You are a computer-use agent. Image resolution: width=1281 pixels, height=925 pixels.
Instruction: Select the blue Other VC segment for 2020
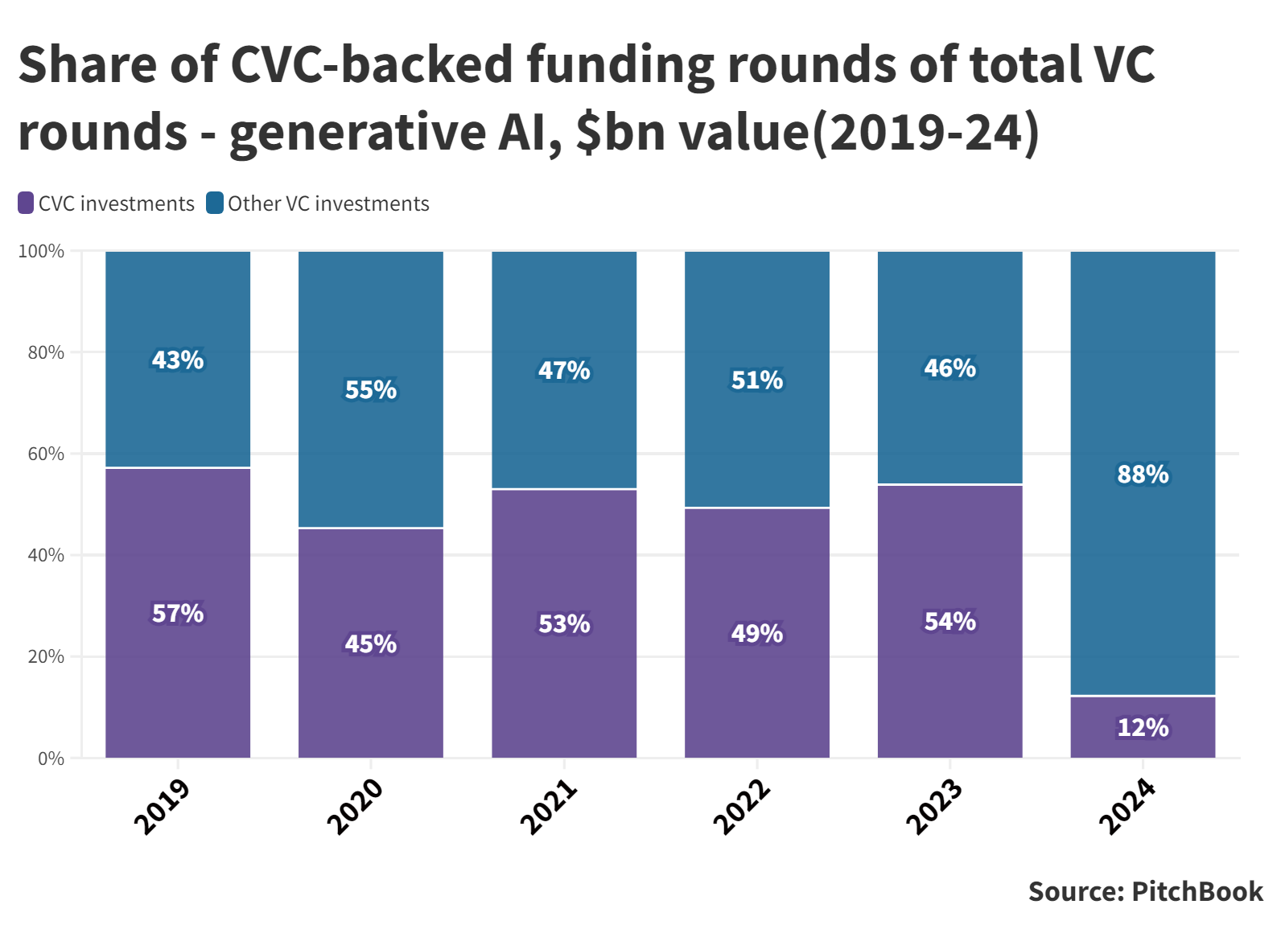coord(371,322)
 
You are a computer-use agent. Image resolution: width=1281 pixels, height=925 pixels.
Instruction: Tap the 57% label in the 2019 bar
coord(178,614)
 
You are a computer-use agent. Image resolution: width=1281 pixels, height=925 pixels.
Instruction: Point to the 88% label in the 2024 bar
coord(1143,475)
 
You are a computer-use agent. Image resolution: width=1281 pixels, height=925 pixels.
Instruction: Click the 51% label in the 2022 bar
coord(756,380)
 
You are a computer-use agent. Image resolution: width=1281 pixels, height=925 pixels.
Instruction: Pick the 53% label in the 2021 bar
coord(564,624)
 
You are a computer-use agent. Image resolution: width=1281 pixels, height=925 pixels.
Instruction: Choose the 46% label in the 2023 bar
coord(949,368)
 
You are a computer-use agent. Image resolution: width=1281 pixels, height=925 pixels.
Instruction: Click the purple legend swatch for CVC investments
coord(26,203)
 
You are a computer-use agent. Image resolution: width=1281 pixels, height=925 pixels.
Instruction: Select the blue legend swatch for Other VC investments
coord(215,203)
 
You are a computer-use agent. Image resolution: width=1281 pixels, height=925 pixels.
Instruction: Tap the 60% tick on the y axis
coord(46,454)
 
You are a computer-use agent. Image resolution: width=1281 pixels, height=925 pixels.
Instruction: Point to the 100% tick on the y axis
coord(41,251)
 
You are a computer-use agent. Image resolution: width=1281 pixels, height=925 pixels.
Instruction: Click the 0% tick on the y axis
coord(51,758)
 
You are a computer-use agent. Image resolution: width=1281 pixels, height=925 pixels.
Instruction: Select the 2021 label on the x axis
coord(549,807)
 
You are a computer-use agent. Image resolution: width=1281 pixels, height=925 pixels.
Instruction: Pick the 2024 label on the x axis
coord(1127,807)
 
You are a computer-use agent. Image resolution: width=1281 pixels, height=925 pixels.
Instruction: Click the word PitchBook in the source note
coord(1197,891)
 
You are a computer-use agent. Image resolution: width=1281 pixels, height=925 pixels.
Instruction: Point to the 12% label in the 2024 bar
coord(1143,728)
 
